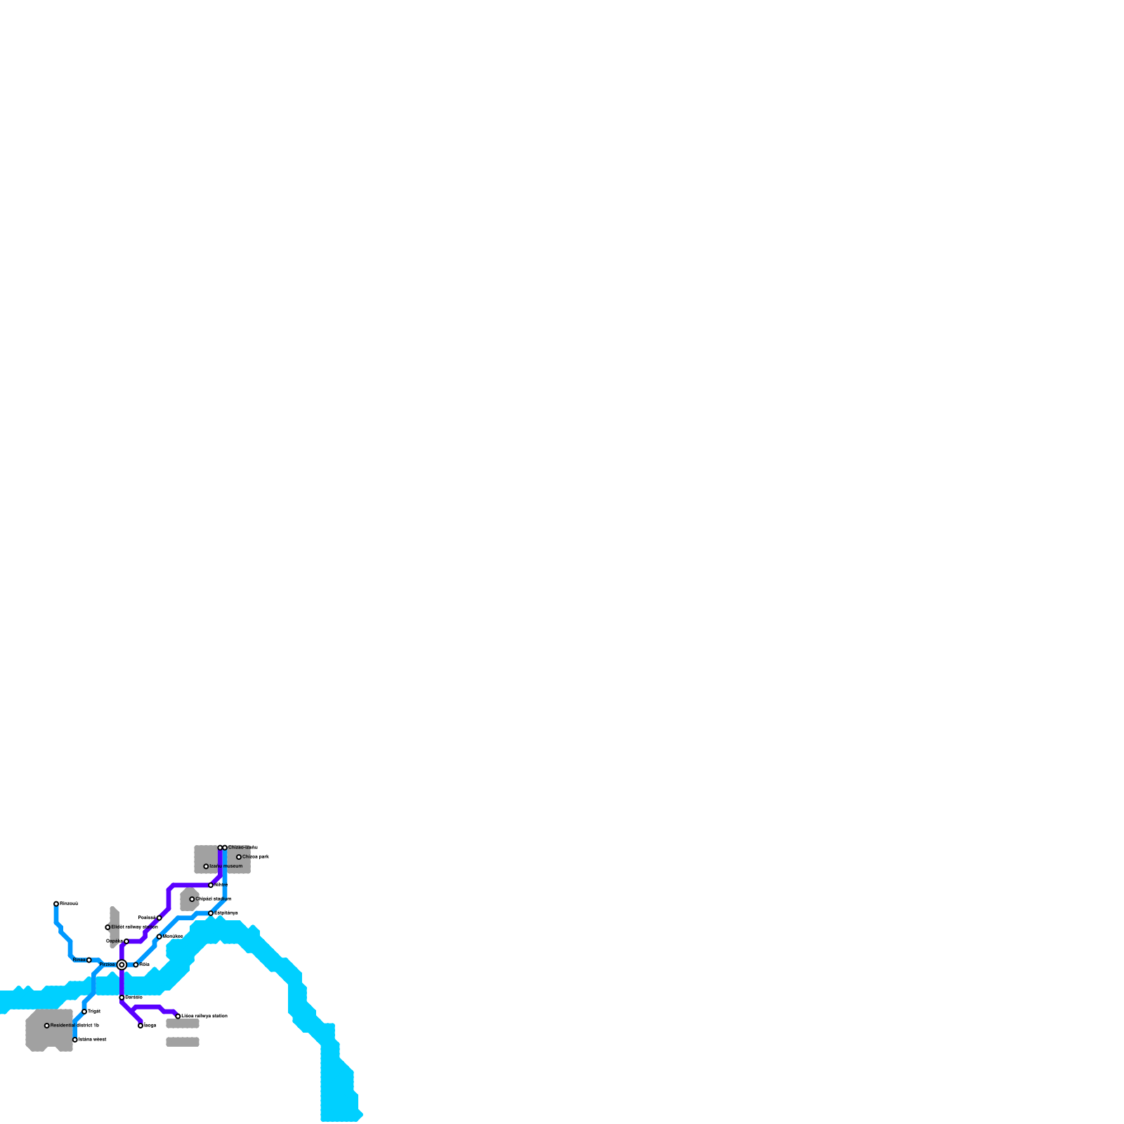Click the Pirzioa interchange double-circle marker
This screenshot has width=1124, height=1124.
[122, 965]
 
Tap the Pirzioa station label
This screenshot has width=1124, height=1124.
[107, 965]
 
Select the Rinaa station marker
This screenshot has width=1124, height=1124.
[89, 960]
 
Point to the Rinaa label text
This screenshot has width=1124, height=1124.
[79, 960]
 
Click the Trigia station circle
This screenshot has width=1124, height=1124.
[84, 1012]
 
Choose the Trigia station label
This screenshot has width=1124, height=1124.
[94, 1012]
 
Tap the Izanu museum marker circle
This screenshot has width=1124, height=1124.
[206, 866]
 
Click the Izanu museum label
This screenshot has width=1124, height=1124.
[226, 866]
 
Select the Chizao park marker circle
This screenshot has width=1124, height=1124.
[239, 857]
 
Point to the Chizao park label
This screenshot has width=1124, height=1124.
[256, 857]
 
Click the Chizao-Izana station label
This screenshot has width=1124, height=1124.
[243, 848]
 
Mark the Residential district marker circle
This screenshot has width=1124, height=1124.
[47, 1026]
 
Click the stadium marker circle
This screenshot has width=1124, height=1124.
[192, 899]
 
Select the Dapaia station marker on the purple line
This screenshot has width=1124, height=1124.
[126, 941]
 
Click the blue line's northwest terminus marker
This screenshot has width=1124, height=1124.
[56, 903]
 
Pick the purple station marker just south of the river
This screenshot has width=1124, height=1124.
[122, 998]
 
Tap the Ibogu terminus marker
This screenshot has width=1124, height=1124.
[140, 1026]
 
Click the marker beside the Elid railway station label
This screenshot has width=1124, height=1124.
[107, 927]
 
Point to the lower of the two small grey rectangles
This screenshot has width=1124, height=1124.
[183, 1042]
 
